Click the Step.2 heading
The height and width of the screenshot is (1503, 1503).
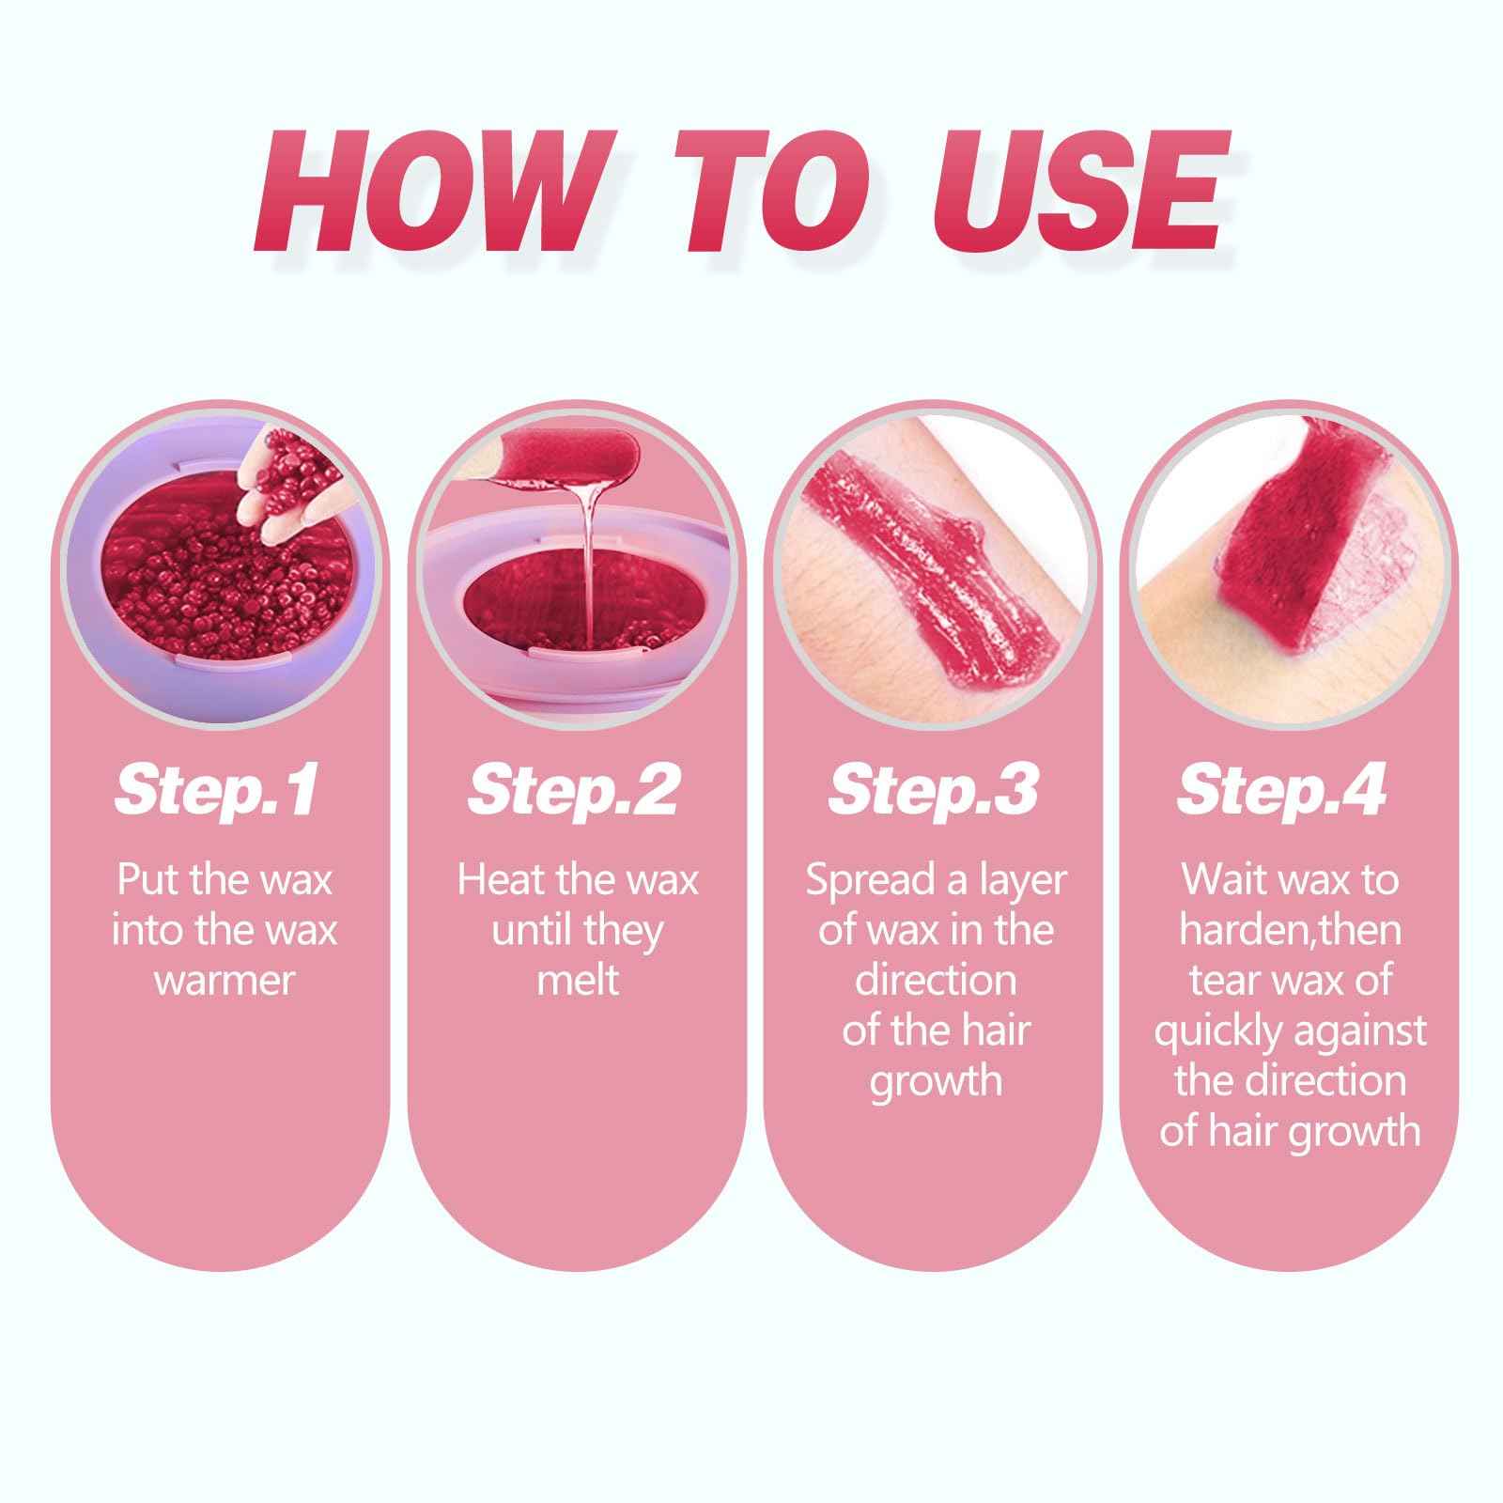tap(574, 791)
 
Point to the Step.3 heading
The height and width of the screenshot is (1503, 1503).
tap(935, 791)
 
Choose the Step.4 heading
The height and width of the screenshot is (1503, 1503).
tap(1282, 791)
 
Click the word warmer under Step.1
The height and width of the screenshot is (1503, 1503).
tap(225, 981)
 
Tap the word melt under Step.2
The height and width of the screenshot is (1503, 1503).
tap(578, 981)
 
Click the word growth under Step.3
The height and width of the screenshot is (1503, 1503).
tap(936, 1081)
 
